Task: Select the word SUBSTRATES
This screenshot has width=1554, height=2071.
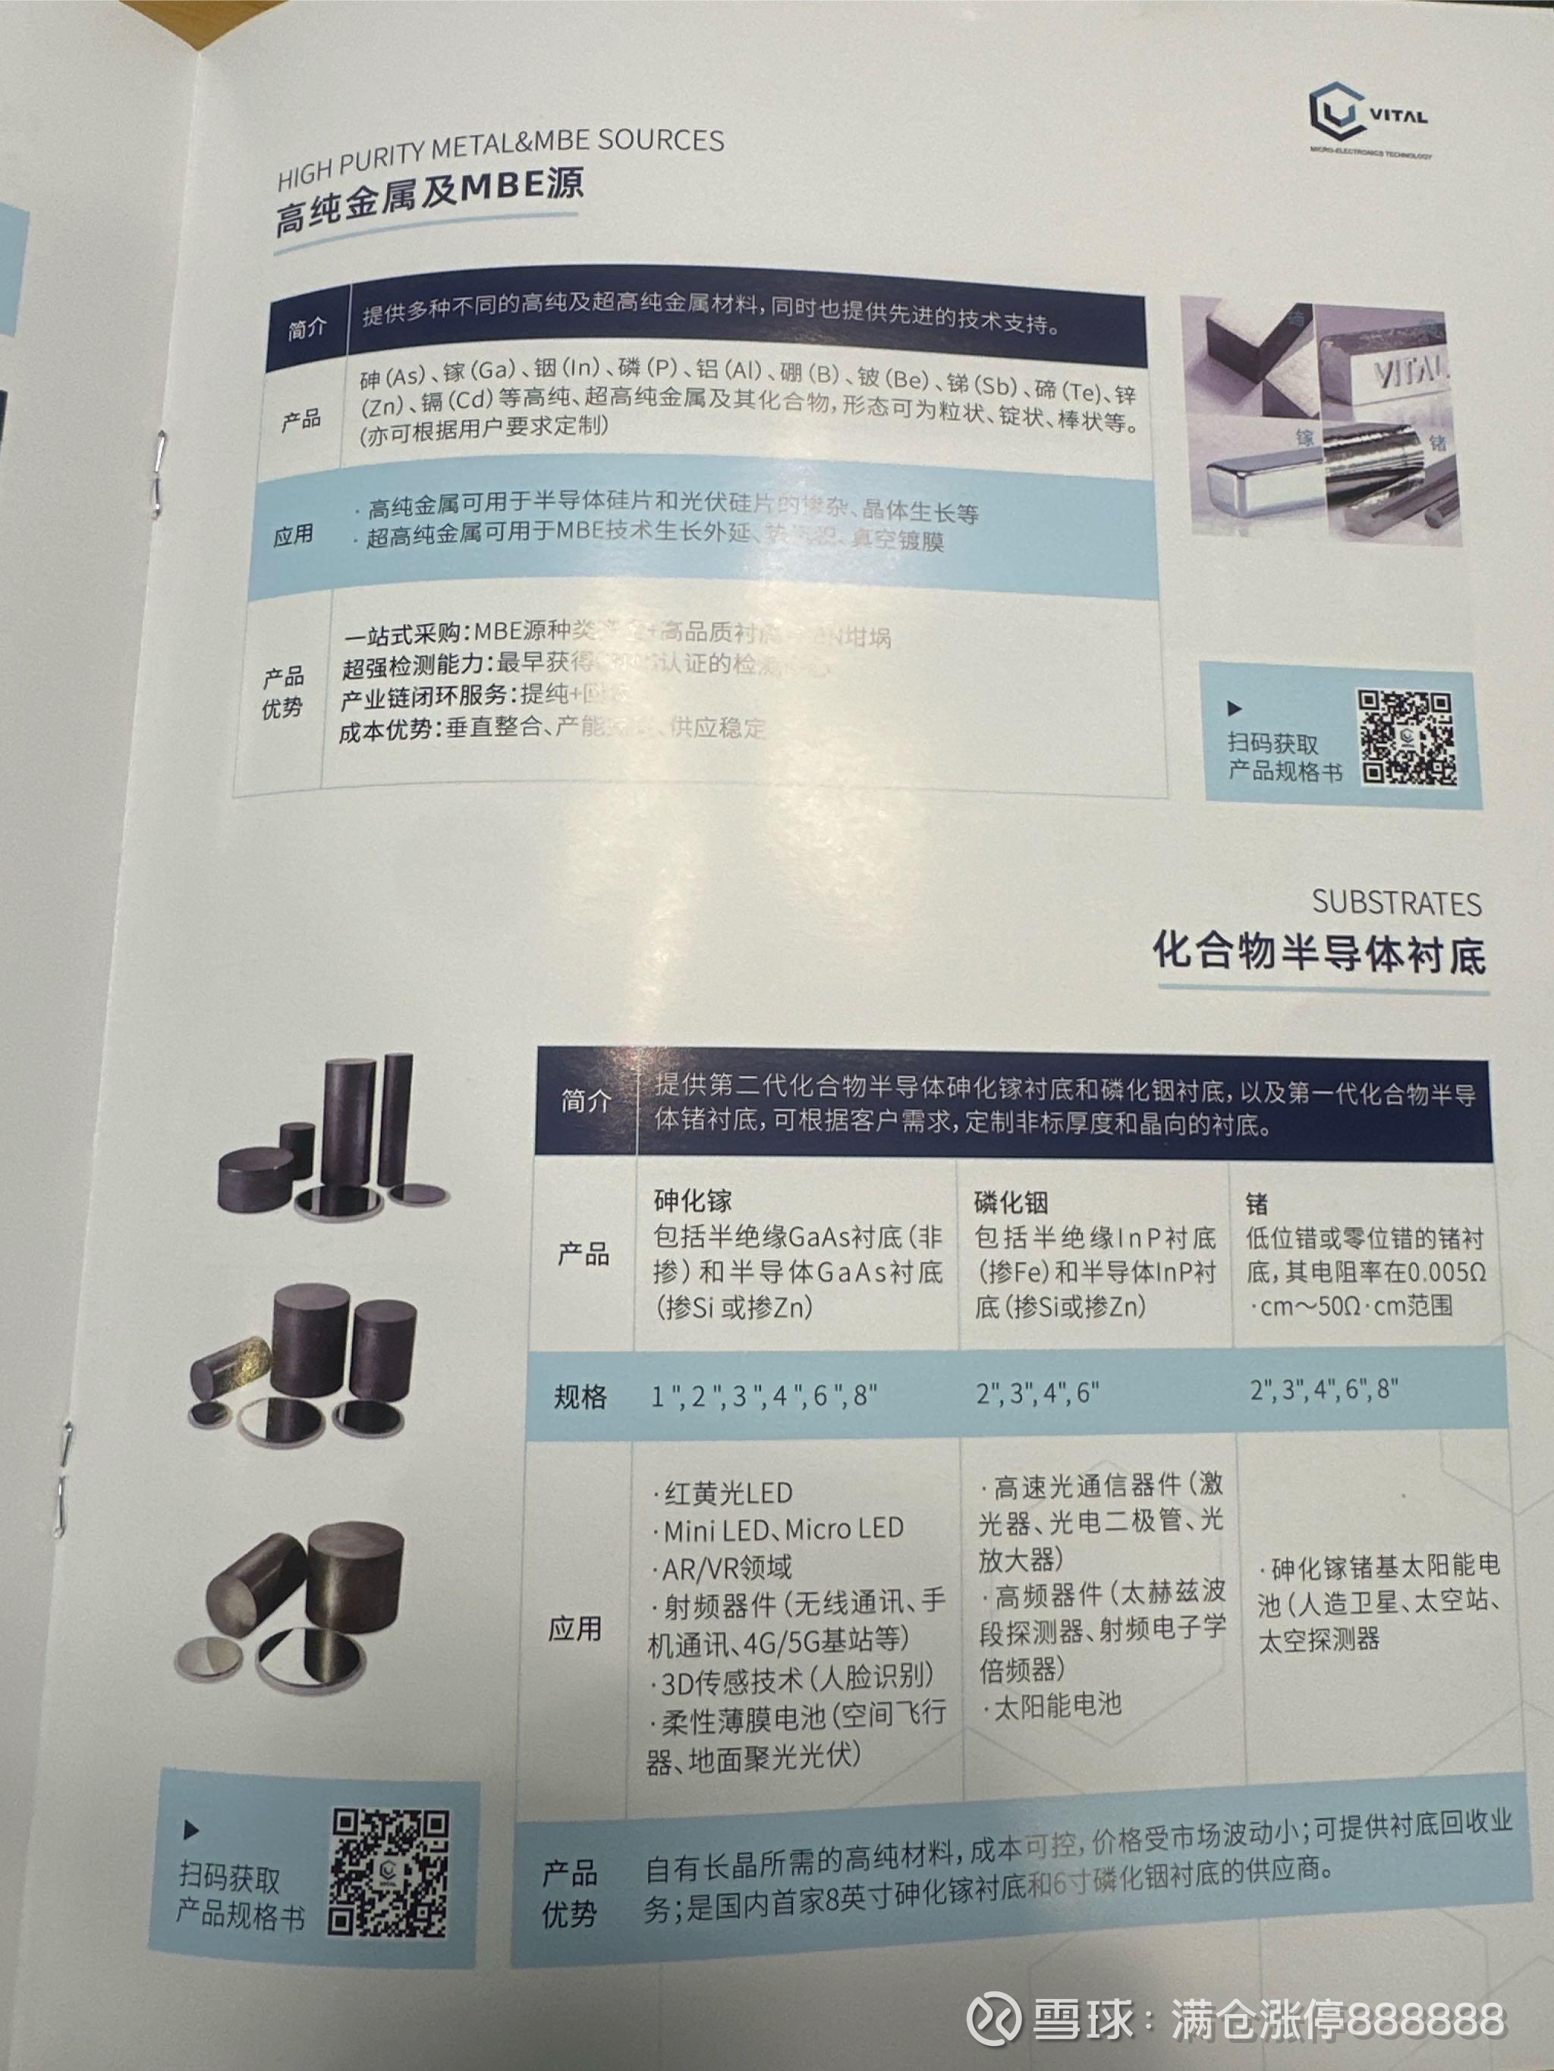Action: pos(1395,902)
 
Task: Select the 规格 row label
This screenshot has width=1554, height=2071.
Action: pos(580,1397)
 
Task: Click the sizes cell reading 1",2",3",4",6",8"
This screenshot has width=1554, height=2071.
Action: pos(763,1396)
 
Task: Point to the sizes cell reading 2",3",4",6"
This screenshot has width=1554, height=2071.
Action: pos(1036,1393)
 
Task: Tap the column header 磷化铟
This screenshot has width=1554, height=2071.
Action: pos(1011,1202)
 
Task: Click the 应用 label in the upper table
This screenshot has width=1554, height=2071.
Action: pos(292,535)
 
